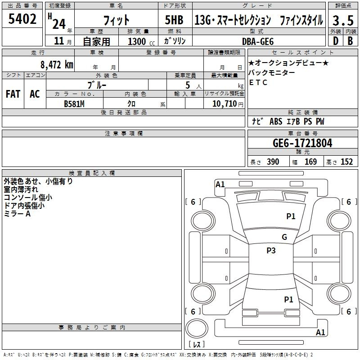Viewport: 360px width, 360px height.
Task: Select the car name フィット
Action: [117, 20]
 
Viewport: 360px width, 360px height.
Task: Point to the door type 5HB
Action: [174, 20]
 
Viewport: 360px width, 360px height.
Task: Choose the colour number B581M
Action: [74, 103]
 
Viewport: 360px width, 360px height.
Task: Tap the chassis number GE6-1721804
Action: [302, 143]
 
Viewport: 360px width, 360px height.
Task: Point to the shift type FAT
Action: [13, 94]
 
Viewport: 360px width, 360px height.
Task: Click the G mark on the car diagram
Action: [284, 237]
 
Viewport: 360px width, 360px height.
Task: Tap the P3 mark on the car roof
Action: [271, 251]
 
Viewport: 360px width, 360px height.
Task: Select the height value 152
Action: [346, 162]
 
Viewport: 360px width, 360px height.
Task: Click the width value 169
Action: [310, 162]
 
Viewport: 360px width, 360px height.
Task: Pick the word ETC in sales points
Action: [258, 82]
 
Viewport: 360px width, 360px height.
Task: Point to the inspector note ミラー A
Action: [17, 214]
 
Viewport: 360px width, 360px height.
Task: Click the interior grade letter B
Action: [350, 41]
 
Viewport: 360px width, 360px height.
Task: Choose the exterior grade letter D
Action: [335, 41]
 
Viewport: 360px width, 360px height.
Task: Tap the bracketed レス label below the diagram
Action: [197, 345]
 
